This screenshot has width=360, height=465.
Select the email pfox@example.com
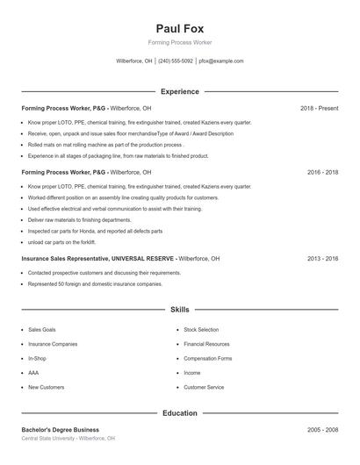221,61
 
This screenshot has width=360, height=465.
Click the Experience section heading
179,91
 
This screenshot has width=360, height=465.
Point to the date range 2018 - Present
319,108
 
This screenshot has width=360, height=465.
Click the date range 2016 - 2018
322,173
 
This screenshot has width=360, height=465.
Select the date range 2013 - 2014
322,259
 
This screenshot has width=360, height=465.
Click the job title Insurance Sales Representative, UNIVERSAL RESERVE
97,259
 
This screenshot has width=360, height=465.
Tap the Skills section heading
179,310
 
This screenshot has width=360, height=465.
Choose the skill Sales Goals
42,330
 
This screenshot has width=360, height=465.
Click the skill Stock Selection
201,330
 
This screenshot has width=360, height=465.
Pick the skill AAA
33,372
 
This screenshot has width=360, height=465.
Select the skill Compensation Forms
208,358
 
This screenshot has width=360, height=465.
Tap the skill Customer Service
204,386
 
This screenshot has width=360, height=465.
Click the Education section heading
179,412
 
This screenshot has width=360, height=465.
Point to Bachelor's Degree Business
61,430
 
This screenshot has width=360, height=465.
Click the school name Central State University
49,438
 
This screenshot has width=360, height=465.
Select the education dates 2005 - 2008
322,430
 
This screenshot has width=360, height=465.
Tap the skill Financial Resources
206,344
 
